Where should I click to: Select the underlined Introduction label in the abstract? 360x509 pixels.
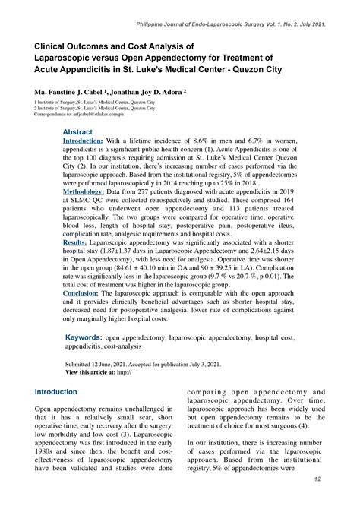point(83,141)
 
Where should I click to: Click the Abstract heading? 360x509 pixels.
point(77,131)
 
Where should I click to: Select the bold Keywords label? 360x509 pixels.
point(83,336)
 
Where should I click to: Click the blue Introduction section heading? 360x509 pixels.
point(56,392)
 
